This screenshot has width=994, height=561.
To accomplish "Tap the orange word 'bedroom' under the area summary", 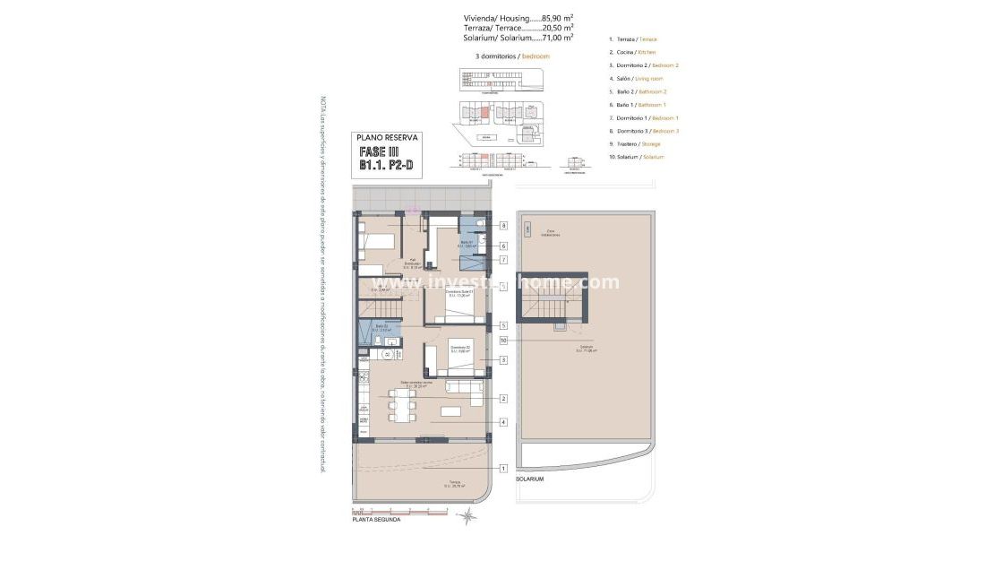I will pos(535,56).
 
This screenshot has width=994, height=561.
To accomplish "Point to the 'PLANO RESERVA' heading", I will pos(385,137).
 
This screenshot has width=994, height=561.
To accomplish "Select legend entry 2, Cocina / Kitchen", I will pos(637,52).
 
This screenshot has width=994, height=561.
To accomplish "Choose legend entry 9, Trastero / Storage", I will pos(638,143).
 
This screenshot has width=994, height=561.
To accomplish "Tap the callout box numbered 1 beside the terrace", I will pos(503,468).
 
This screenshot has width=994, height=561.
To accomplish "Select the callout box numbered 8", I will pos(503,226).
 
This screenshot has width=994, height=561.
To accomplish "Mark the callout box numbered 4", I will pos(503,422).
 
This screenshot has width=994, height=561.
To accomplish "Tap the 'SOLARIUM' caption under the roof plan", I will pos(529,479).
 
